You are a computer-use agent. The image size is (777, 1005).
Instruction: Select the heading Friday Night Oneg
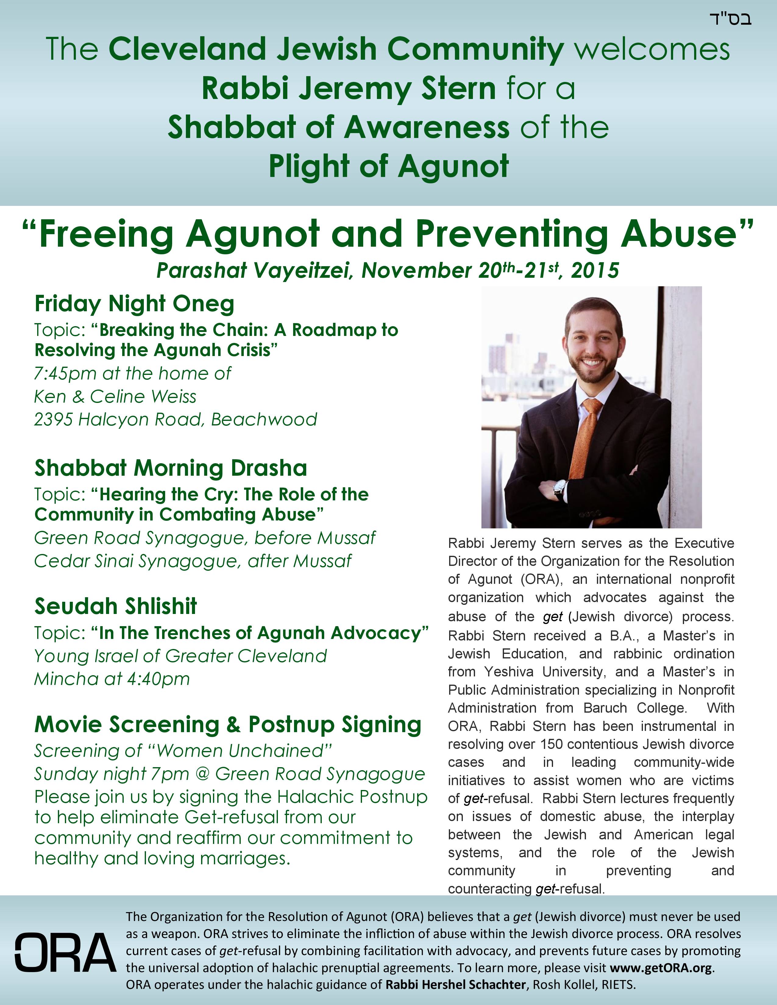point(134,304)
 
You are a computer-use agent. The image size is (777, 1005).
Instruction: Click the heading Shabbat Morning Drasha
point(171,468)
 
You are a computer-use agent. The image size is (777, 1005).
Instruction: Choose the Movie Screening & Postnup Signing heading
point(228,725)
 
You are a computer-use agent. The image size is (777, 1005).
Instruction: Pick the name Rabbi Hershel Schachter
point(455,985)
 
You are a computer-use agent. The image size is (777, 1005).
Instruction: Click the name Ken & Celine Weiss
point(115,397)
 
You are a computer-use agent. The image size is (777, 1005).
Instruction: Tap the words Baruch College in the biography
point(635,708)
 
